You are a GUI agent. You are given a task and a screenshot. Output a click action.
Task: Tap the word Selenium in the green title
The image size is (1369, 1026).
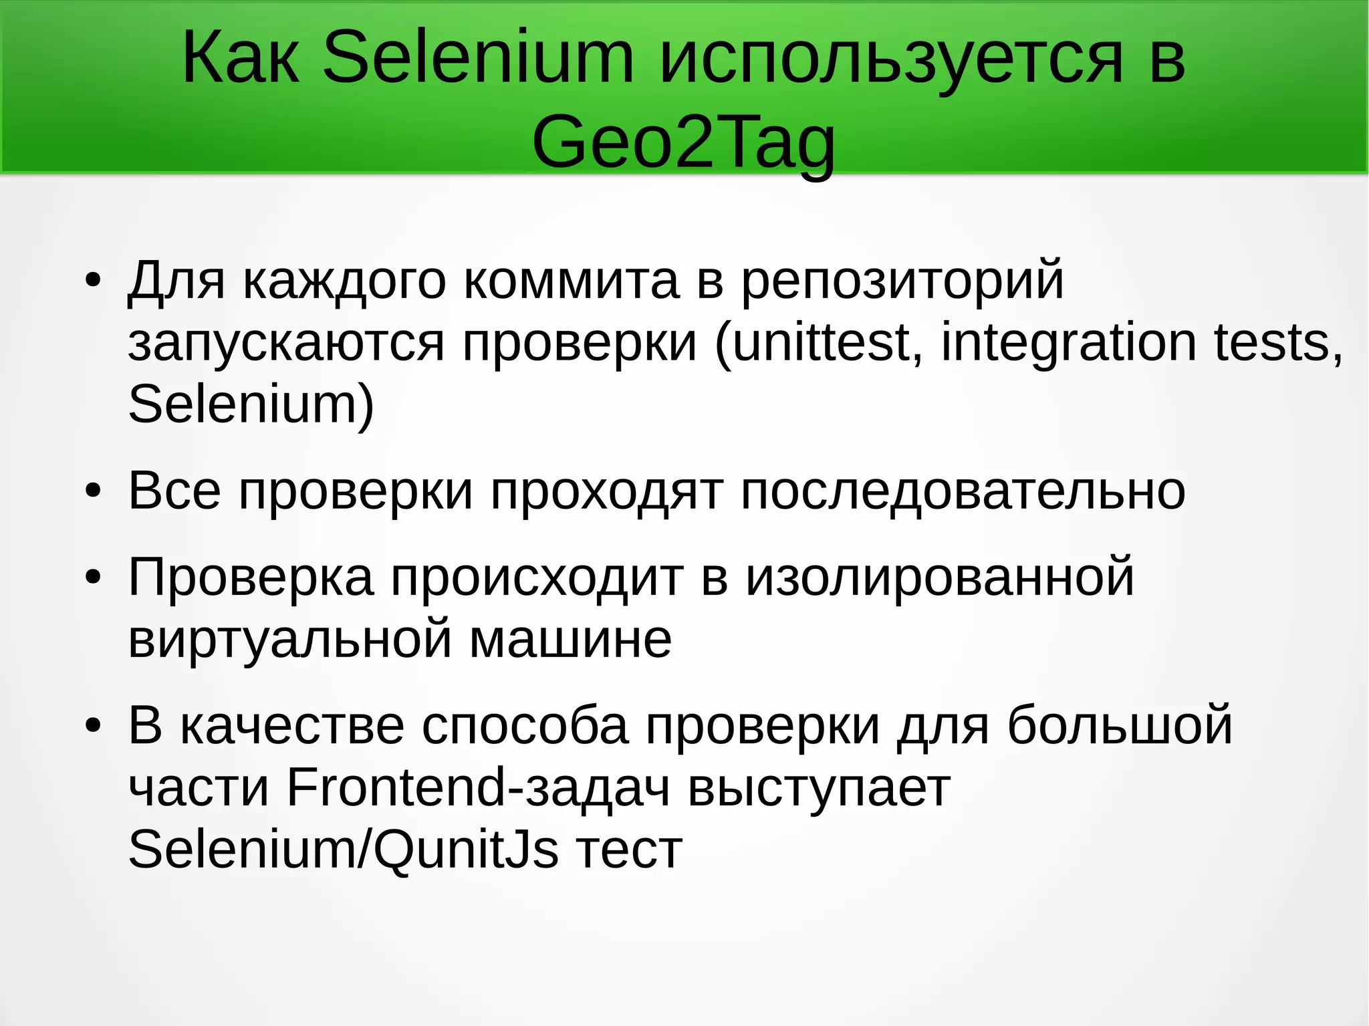click(x=477, y=58)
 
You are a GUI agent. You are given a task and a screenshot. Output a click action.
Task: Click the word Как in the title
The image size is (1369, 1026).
click(x=241, y=58)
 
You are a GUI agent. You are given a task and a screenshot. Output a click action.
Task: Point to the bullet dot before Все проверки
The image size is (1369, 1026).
click(x=93, y=491)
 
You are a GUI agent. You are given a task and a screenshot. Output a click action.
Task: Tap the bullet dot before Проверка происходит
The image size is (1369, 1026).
click(x=93, y=577)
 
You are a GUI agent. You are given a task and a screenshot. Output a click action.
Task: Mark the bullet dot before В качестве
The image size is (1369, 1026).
click(x=93, y=725)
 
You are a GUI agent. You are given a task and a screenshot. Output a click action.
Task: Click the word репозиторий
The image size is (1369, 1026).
click(x=902, y=281)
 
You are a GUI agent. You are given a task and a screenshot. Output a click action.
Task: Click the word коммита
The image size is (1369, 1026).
click(x=572, y=281)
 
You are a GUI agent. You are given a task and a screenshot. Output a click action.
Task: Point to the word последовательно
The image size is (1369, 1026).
click(x=963, y=491)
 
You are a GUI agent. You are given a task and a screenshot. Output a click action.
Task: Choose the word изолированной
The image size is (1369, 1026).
click(x=940, y=577)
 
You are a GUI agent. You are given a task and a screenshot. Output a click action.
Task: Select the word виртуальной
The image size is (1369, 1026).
click(x=290, y=639)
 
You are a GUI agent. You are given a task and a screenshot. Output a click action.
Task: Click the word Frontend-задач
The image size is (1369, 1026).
click(x=478, y=787)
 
